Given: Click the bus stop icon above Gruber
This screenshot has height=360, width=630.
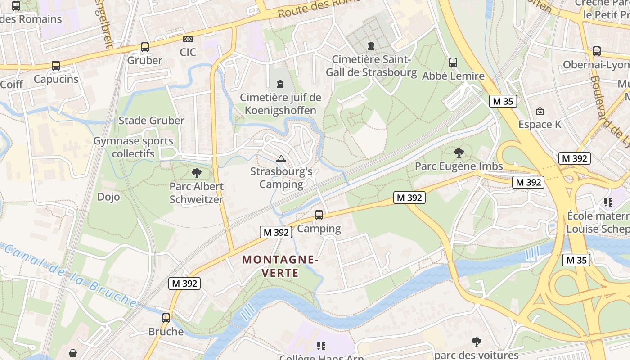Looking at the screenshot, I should coord(144,47).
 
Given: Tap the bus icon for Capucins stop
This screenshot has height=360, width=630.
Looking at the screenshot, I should coord(56,66).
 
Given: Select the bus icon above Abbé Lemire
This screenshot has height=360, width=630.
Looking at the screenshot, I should coord(453,63).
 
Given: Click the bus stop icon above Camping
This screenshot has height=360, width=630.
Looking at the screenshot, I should coord(319,215).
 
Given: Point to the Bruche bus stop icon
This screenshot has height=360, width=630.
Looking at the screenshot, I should coord(166,318).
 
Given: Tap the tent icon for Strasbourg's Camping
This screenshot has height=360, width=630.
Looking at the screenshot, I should coord(281,158).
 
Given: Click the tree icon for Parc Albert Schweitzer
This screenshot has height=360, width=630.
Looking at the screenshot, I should coord(196,173).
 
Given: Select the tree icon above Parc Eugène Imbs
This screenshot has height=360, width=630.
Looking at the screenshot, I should coord(459,153).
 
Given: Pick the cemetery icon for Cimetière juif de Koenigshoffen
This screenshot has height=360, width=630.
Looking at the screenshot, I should coord(280,84).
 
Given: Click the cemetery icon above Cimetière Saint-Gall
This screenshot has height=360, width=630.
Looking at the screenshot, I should coord(371,46).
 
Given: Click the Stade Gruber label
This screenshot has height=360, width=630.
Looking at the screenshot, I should coord(151,121).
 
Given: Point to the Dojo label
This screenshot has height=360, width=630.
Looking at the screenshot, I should coord(108,197).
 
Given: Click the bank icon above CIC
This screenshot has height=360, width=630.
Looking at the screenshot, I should coord(188,39).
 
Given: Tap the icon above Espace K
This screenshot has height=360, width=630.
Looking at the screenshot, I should coord(540,111).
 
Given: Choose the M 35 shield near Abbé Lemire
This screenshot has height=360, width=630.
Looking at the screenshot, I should coord(503,101).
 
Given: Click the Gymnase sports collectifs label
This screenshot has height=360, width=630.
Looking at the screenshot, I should coord(133,147).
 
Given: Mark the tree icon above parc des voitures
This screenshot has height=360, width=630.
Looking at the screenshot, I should coord(477,342).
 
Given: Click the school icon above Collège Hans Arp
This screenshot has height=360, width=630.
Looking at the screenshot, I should coord(321,346).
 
